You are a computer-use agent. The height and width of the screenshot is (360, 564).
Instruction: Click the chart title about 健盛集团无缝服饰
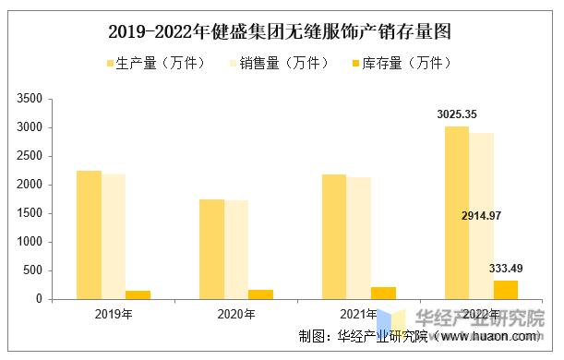pyautogui.click(x=281, y=32)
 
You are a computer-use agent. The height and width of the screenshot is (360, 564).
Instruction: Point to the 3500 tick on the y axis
pyautogui.click(x=30, y=99)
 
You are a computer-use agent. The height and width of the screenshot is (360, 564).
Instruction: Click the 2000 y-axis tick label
pyautogui.click(x=30, y=185)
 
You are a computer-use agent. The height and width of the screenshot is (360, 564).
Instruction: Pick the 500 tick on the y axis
pyautogui.click(x=34, y=270)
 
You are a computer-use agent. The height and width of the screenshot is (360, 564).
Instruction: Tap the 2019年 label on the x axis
pyautogui.click(x=114, y=315)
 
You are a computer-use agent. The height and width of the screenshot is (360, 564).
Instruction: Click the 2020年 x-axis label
pyautogui.click(x=236, y=315)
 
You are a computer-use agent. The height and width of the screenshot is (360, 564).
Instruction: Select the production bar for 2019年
pyautogui.click(x=90, y=234)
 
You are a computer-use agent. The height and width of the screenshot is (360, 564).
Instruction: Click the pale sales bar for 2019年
pyautogui.click(x=114, y=236)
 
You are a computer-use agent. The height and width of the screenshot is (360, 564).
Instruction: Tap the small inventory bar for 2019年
pyautogui.click(x=138, y=294)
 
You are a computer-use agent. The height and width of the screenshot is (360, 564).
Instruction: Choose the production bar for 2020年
pyautogui.click(x=211, y=249)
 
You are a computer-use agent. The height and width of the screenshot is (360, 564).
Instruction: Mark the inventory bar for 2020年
pyautogui.click(x=260, y=294)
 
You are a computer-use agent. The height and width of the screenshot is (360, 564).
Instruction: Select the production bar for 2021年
pyautogui.click(x=334, y=236)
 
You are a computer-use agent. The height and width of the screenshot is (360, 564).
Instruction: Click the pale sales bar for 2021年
pyautogui.click(x=358, y=238)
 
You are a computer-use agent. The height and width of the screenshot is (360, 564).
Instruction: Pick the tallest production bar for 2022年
pyautogui.click(x=457, y=212)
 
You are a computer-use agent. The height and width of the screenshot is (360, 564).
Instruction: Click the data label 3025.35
pyautogui.click(x=457, y=114)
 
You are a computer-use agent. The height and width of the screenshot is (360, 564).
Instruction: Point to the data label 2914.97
pyautogui.click(x=481, y=215)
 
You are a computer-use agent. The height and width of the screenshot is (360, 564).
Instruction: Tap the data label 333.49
pyautogui.click(x=505, y=269)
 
